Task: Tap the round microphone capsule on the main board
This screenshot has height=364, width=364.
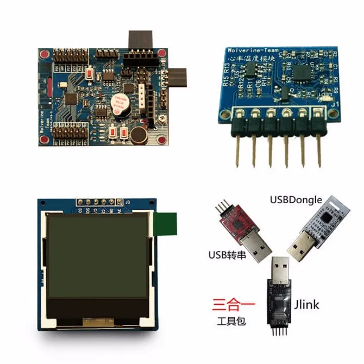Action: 139,135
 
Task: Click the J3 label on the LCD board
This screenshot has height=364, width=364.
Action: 128,202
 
